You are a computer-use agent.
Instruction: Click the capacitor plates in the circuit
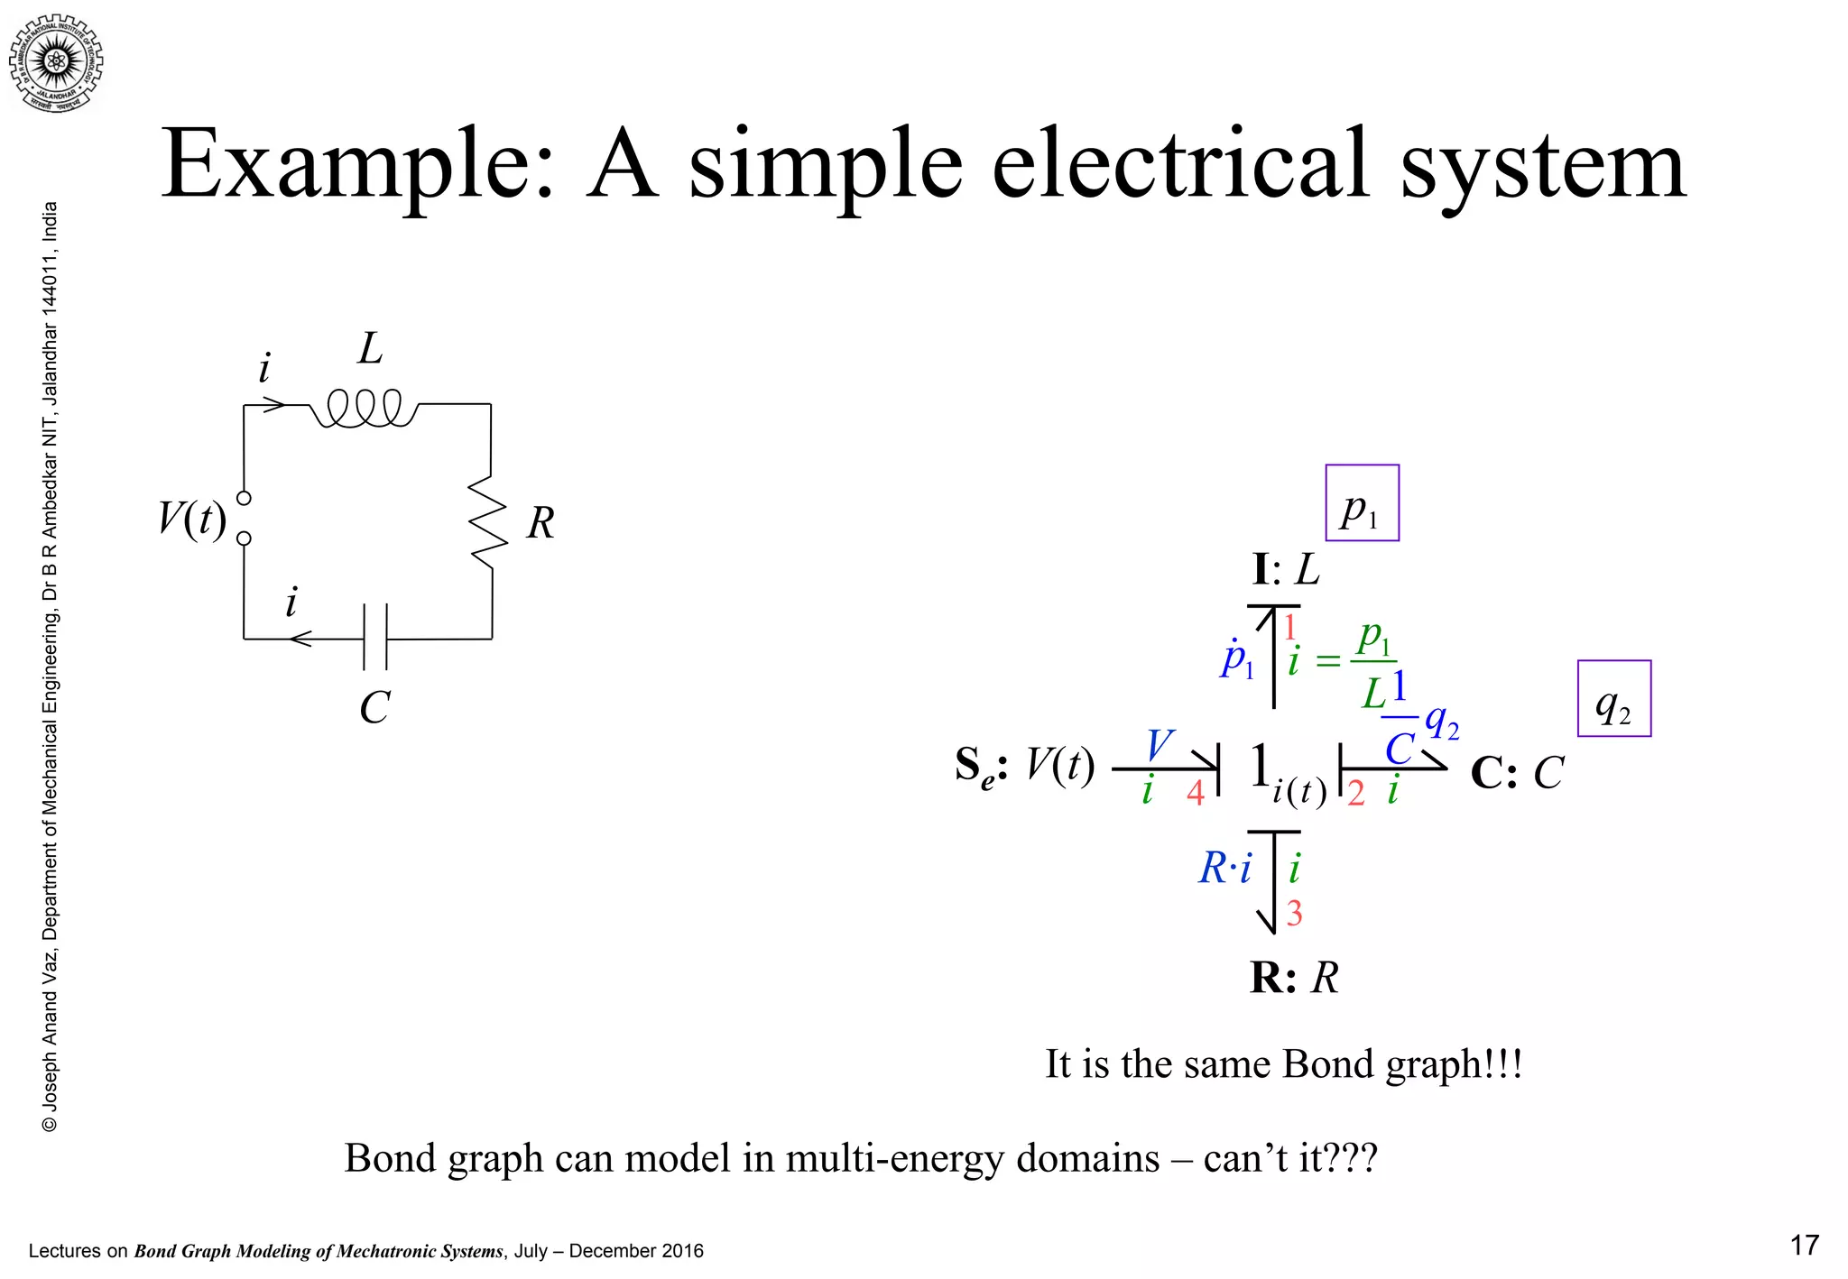(374, 637)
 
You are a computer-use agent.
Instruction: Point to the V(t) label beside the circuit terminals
(192, 519)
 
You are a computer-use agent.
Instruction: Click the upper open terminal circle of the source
(244, 498)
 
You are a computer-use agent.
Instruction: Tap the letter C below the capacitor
(374, 708)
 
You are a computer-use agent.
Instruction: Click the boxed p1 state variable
(1362, 503)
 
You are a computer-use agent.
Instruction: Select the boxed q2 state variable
(1613, 699)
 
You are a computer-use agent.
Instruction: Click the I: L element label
(1286, 570)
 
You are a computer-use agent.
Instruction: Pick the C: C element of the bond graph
(1516, 773)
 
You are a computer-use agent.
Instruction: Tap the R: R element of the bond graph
(1294, 978)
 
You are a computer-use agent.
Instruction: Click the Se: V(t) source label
(1024, 767)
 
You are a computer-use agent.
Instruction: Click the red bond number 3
(1294, 914)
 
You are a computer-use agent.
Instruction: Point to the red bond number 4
(1195, 793)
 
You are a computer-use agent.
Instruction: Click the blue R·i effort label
(1224, 869)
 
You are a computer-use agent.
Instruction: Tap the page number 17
(1804, 1246)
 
